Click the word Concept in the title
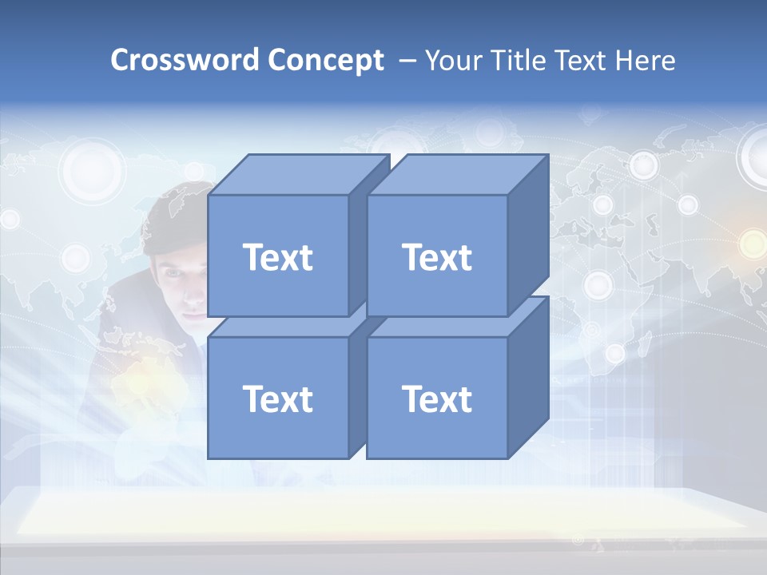(325, 61)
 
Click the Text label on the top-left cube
(277, 257)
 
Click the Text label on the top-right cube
(436, 257)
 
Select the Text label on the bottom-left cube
(277, 399)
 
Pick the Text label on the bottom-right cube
(436, 399)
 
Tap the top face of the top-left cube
(299, 174)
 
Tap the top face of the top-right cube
(458, 174)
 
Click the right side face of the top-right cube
(528, 236)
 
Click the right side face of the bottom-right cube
(528, 379)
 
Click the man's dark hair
(172, 220)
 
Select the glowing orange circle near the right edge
(752, 244)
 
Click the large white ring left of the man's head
(93, 168)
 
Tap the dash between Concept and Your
(406, 61)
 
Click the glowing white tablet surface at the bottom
(383, 511)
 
